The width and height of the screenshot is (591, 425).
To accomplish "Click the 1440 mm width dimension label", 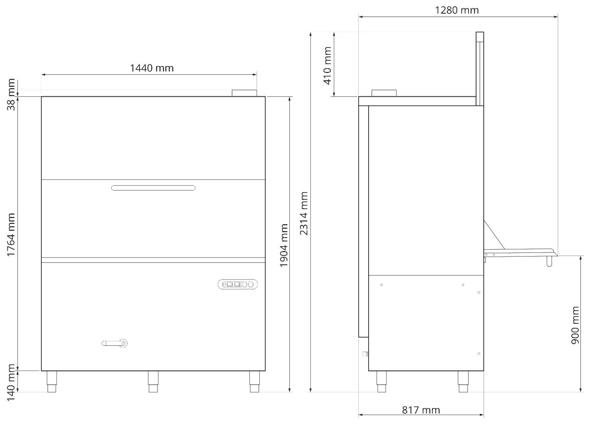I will [152, 68].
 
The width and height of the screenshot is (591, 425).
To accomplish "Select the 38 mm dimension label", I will [12, 95].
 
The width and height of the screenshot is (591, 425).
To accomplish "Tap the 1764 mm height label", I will [12, 234].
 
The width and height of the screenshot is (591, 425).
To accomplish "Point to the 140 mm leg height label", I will [12, 382].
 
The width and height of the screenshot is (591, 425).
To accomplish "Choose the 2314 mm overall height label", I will [304, 213].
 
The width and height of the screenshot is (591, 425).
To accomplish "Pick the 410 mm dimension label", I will [328, 66].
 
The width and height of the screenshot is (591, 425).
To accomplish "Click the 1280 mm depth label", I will [457, 10].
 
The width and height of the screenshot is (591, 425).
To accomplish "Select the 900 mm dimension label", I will [575, 325].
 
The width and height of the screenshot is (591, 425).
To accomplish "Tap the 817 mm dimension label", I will [421, 410].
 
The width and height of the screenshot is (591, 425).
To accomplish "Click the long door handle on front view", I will [153, 188].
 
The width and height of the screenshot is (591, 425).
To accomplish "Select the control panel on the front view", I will [237, 284].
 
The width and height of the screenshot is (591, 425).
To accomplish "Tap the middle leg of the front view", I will [153, 382].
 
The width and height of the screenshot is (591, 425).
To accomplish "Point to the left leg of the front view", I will [52, 382].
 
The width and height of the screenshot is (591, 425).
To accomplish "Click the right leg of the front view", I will [254, 382].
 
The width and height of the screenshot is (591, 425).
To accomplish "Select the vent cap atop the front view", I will [244, 93].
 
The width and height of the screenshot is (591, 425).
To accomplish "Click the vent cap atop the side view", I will [384, 93].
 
